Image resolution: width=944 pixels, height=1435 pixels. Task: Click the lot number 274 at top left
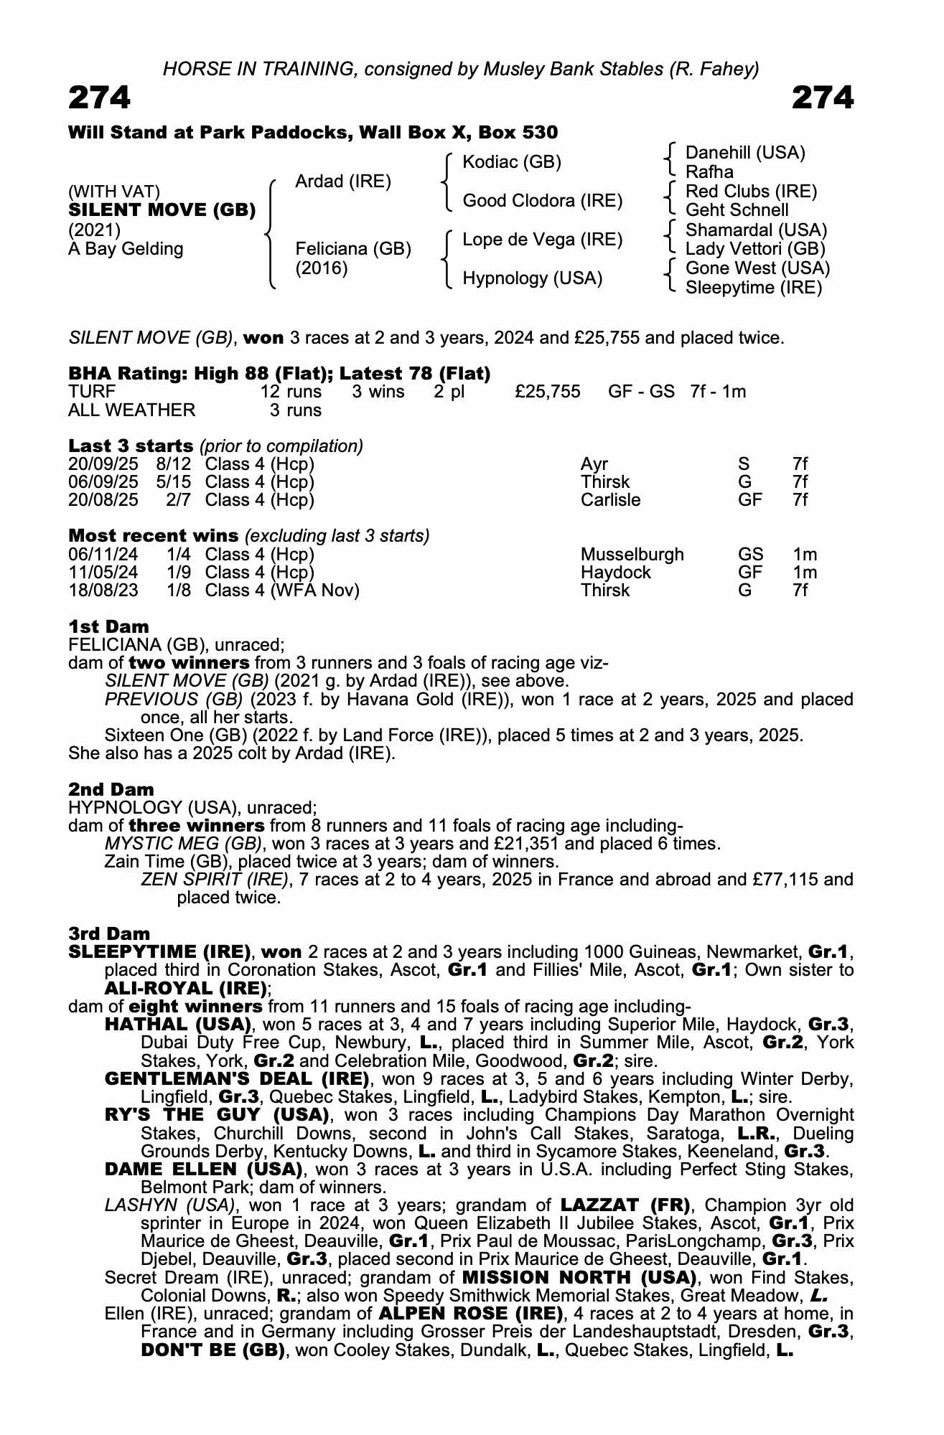click(x=100, y=98)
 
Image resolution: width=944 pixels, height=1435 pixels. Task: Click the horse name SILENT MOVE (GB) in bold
click(x=162, y=210)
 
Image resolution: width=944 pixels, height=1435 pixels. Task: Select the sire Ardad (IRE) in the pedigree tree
click(x=343, y=182)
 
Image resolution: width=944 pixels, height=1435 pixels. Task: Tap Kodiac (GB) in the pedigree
click(x=512, y=162)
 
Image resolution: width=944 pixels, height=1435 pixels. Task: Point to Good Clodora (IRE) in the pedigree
click(x=542, y=201)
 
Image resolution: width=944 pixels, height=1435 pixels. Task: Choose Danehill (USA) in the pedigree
click(x=745, y=153)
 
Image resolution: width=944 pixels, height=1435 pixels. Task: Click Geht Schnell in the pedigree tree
click(x=737, y=210)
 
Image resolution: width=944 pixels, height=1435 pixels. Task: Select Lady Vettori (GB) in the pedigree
click(x=755, y=249)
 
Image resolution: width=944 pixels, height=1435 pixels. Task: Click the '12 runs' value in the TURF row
click(x=291, y=392)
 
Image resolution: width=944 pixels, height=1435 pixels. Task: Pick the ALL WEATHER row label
click(x=131, y=410)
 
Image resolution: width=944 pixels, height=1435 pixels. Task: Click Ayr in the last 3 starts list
click(x=594, y=464)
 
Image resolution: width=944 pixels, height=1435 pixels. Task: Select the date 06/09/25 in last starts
click(x=103, y=482)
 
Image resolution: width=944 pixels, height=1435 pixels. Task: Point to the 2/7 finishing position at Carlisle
click(x=178, y=500)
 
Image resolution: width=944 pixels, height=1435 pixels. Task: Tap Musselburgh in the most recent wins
click(x=632, y=555)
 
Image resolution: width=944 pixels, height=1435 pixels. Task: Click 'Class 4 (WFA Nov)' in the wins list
click(x=282, y=591)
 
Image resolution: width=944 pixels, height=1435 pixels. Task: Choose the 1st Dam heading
click(x=108, y=626)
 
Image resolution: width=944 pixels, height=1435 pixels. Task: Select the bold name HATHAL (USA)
click(x=178, y=1025)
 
